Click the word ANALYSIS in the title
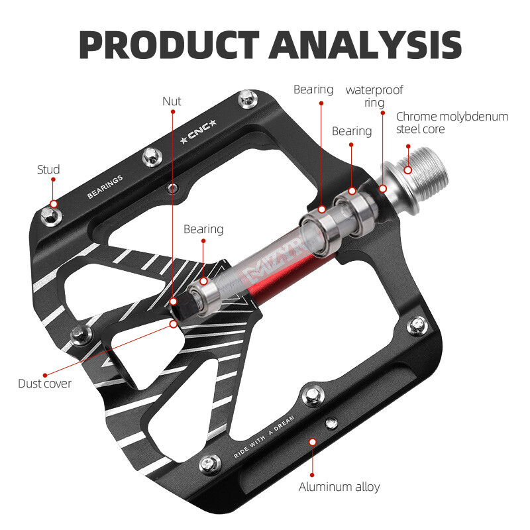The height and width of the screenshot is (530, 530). pyautogui.click(x=366, y=44)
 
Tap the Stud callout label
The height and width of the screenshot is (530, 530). pyautogui.click(x=48, y=170)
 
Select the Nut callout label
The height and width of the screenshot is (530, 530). pyautogui.click(x=172, y=101)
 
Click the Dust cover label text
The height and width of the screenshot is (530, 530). pyautogui.click(x=45, y=383)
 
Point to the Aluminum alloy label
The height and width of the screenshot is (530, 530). pyautogui.click(x=339, y=487)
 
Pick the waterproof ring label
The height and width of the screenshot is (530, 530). pyautogui.click(x=374, y=96)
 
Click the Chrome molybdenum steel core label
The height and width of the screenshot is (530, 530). pyautogui.click(x=452, y=123)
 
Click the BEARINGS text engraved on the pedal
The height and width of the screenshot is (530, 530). pyautogui.click(x=105, y=187)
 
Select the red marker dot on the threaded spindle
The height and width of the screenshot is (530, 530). pyautogui.click(x=407, y=170)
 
